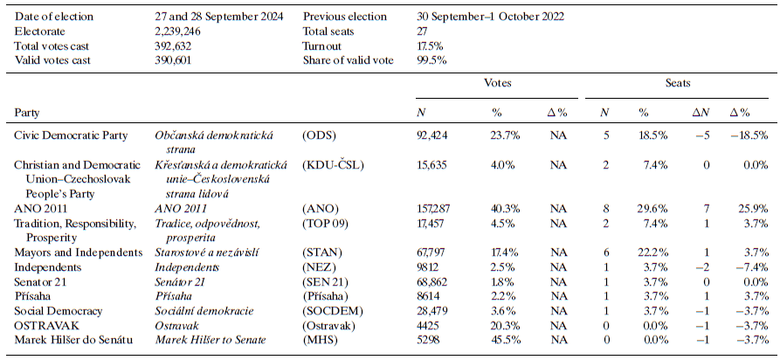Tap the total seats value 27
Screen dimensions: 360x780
(423, 31)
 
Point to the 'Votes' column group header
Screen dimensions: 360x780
(497, 83)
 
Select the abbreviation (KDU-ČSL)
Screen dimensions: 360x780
(332, 165)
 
